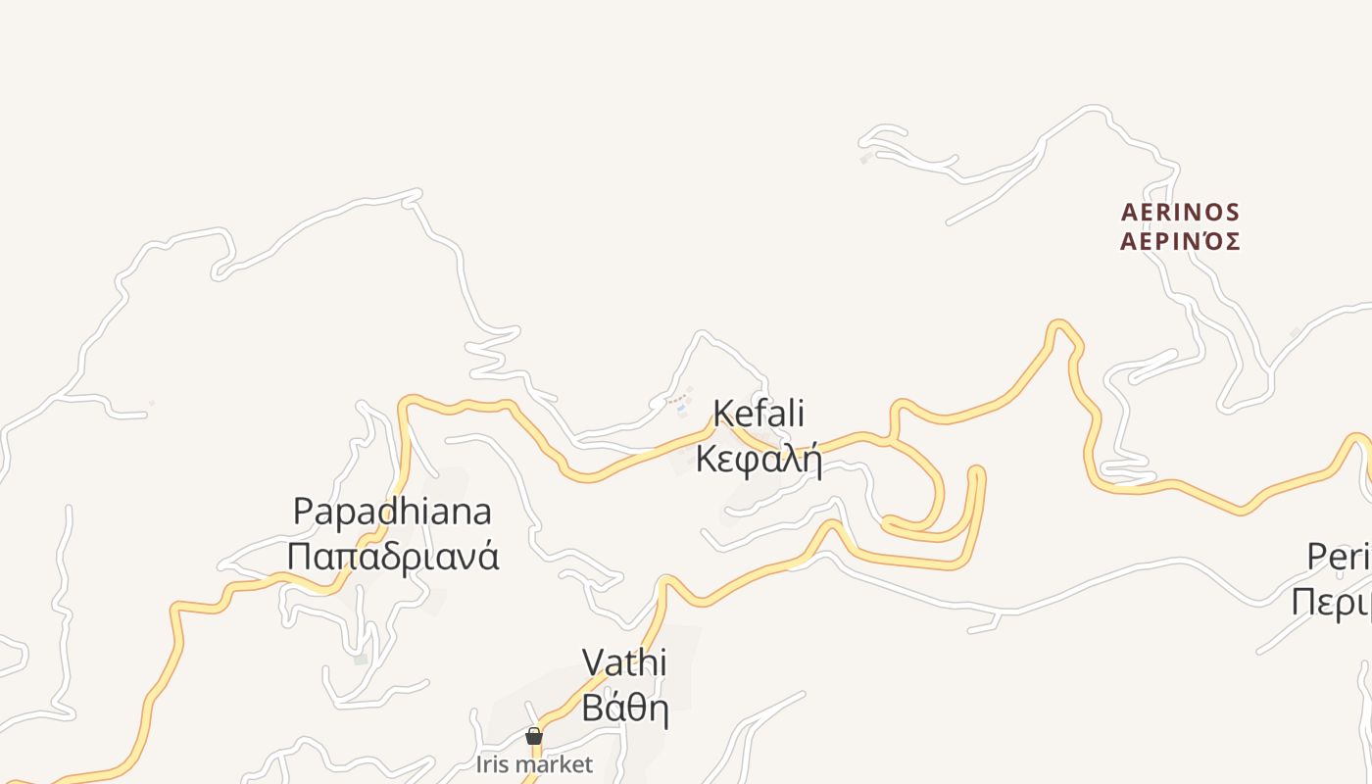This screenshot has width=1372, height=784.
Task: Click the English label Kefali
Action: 759,414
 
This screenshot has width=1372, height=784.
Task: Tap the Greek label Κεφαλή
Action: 759,458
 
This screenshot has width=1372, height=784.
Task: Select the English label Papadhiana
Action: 392,512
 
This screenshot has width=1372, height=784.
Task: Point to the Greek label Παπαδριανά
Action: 392,556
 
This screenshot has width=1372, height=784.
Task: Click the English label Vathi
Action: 624,662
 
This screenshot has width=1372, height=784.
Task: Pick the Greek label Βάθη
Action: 624,707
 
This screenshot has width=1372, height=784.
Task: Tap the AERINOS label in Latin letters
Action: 1180,213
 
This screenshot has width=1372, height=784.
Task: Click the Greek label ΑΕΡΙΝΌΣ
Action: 1180,241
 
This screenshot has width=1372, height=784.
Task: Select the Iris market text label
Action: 534,764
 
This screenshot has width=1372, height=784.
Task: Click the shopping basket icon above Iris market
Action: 534,736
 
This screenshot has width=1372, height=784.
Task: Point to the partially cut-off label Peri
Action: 1339,557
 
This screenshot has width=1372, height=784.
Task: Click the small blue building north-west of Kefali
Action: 681,408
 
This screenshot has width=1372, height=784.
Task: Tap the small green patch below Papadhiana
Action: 361,660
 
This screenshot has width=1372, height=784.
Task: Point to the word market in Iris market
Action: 558,764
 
